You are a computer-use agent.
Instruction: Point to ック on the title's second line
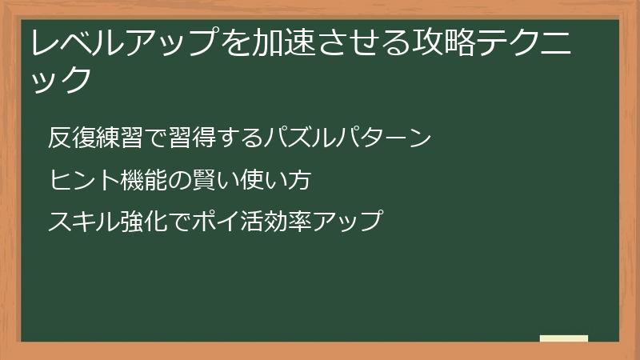(57, 78)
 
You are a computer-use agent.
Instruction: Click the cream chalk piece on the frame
(564, 338)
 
